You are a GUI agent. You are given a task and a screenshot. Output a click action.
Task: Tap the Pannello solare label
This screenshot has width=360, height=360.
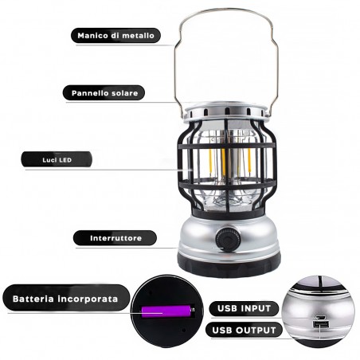pyautogui.click(x=104, y=93)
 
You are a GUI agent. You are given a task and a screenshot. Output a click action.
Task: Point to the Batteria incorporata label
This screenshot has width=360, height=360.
pyautogui.click(x=65, y=299)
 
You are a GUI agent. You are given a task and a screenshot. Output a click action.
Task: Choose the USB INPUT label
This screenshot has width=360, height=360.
pyautogui.click(x=245, y=307)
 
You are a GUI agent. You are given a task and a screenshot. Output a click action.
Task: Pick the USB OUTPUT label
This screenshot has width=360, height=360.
pyautogui.click(x=245, y=329)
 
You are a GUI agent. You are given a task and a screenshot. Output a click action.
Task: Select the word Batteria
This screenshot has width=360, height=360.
pyautogui.click(x=36, y=299)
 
